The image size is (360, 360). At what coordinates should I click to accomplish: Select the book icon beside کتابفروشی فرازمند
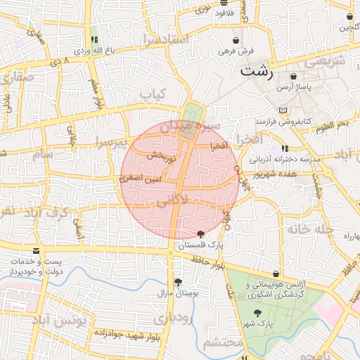pos(282,110)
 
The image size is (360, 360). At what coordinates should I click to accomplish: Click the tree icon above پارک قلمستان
pos(200,234)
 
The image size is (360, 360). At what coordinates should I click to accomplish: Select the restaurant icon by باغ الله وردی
pos(94,39)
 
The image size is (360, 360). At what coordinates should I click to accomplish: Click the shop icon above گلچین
pos(349,16)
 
